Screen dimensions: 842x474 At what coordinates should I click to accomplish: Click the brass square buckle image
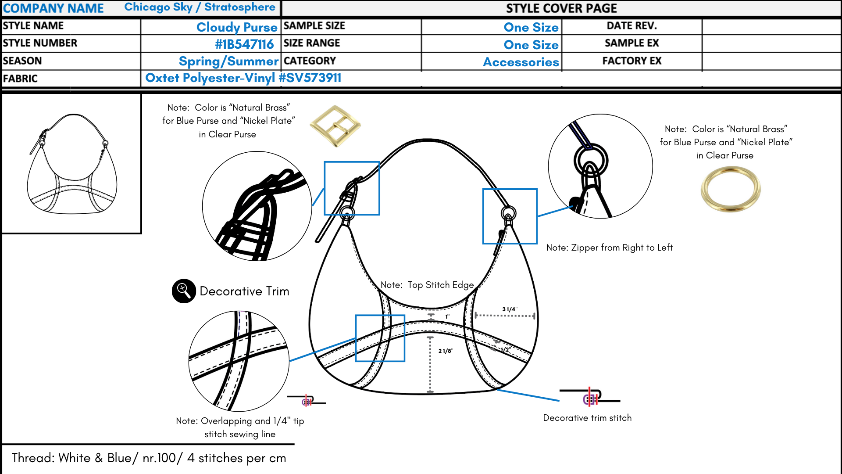click(335, 126)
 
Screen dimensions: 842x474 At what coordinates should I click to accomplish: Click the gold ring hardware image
click(731, 189)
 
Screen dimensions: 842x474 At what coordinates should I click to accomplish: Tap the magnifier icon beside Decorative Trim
click(184, 291)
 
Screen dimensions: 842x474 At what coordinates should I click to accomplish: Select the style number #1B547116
click(244, 44)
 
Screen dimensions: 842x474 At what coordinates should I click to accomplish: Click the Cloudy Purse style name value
click(237, 27)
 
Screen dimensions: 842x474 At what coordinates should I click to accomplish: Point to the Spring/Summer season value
click(228, 61)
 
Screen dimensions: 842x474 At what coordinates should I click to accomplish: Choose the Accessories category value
click(521, 62)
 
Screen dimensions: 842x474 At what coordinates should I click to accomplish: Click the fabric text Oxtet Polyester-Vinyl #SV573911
click(243, 78)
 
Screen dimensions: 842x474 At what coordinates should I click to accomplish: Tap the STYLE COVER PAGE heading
click(561, 8)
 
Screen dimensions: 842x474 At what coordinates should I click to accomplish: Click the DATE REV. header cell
click(631, 26)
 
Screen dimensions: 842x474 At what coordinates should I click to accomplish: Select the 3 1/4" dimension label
click(510, 309)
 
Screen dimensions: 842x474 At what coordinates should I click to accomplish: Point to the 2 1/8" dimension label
click(446, 351)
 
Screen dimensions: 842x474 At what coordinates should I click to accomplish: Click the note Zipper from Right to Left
click(610, 248)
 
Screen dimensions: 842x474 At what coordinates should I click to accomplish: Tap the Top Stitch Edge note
click(427, 285)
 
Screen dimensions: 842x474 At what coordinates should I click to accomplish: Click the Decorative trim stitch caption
click(587, 418)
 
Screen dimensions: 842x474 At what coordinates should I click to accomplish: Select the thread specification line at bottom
click(149, 458)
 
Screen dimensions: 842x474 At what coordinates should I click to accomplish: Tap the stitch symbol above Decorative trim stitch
click(590, 397)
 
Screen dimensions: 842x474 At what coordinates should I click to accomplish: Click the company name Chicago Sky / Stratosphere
click(200, 7)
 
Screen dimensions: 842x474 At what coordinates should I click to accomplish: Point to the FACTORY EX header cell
click(631, 61)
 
